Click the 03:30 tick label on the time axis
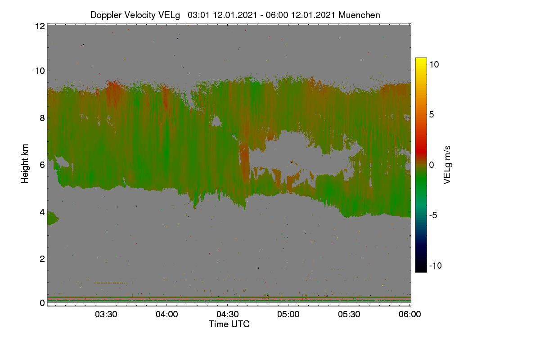tap(106, 315)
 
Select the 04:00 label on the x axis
tap(166, 315)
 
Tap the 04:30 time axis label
tap(227, 315)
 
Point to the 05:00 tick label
tap(288, 315)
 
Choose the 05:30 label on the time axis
tap(349, 315)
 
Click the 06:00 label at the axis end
tap(409, 315)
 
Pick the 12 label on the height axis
tap(40, 26)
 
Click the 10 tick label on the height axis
tap(40, 71)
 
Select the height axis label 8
tap(42, 118)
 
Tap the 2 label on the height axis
tap(42, 259)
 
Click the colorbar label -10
tap(436, 265)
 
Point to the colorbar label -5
tap(433, 215)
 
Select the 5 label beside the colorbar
tap(432, 115)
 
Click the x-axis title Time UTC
tap(229, 324)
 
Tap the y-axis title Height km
tap(25, 164)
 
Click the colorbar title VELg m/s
tap(447, 165)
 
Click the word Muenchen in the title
tap(359, 15)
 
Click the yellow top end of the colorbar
tap(421, 58)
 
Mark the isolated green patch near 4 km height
tap(52, 218)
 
